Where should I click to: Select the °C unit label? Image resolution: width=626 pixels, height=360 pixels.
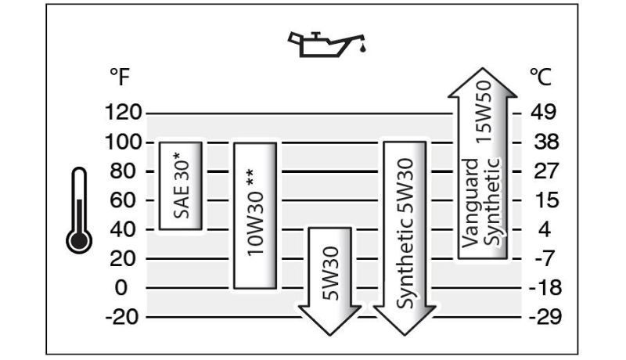(541, 78)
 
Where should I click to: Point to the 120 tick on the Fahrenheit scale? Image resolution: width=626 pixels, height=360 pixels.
(121, 113)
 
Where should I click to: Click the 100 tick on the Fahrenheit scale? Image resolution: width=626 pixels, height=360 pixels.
(121, 142)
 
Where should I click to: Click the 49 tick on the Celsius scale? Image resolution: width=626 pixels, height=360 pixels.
(541, 113)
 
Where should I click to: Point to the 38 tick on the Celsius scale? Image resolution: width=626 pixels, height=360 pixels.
(541, 142)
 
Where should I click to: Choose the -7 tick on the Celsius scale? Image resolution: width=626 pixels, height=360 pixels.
(542, 259)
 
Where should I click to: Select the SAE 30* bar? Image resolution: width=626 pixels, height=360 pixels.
(182, 185)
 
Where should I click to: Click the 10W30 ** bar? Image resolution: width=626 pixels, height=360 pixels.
(255, 214)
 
